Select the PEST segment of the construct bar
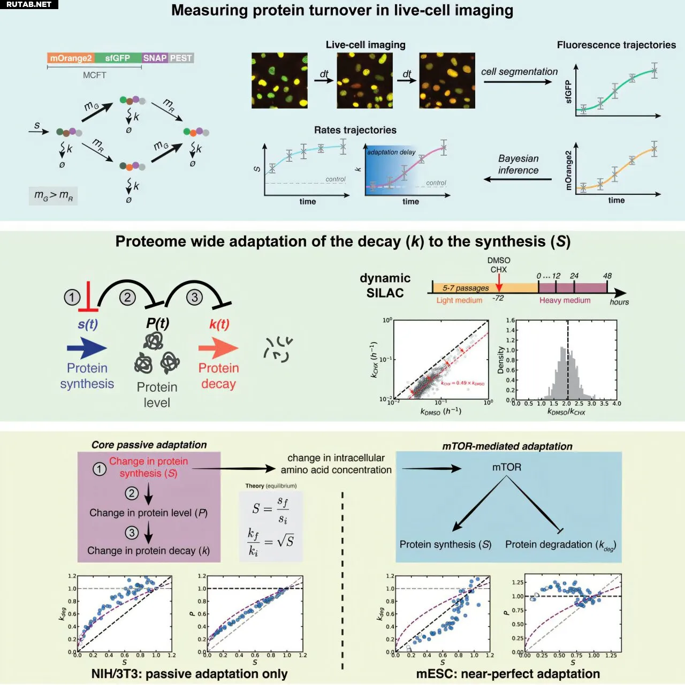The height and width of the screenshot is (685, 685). click(x=181, y=58)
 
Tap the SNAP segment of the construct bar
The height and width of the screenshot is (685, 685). click(x=155, y=58)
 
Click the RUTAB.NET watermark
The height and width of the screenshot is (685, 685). click(x=29, y=4)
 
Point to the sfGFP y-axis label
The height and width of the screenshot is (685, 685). click(x=568, y=92)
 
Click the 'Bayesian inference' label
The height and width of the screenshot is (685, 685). click(x=518, y=164)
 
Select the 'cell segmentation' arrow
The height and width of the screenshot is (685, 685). click(x=517, y=81)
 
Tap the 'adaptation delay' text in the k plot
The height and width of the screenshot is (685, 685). click(x=391, y=153)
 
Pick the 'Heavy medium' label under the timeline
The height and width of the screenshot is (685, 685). click(x=565, y=300)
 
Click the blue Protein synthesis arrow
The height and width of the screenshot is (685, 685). click(x=87, y=348)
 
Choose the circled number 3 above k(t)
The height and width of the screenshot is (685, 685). click(x=194, y=297)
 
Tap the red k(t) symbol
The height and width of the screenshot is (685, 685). click(x=219, y=324)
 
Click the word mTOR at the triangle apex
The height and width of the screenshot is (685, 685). click(x=506, y=467)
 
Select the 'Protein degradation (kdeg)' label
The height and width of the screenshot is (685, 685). click(x=560, y=545)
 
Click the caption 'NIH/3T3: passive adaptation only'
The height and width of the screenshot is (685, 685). click(x=189, y=674)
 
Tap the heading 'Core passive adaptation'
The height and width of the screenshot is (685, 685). click(x=149, y=445)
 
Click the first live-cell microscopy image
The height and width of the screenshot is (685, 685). click(x=279, y=80)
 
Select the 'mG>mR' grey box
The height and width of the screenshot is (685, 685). click(x=53, y=196)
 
